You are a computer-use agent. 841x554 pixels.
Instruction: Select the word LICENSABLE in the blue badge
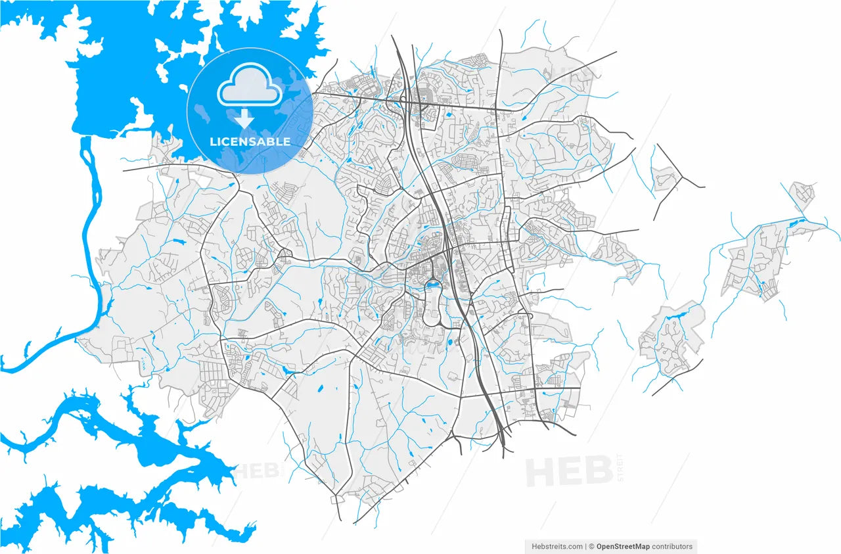(250, 142)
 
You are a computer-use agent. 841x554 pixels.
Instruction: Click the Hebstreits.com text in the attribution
(556, 546)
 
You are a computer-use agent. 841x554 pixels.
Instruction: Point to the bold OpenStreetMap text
(623, 546)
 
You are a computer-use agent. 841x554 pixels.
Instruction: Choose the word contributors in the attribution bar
(672, 546)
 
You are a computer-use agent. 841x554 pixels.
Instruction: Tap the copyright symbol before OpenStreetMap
(591, 546)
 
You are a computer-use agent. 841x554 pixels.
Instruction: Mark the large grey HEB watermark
(569, 471)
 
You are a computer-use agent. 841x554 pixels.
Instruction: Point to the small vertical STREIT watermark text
(621, 468)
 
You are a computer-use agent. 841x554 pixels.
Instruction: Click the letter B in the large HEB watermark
(597, 471)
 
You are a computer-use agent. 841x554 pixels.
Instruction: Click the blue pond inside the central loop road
(432, 285)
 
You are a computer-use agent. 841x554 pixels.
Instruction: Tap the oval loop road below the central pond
(434, 309)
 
